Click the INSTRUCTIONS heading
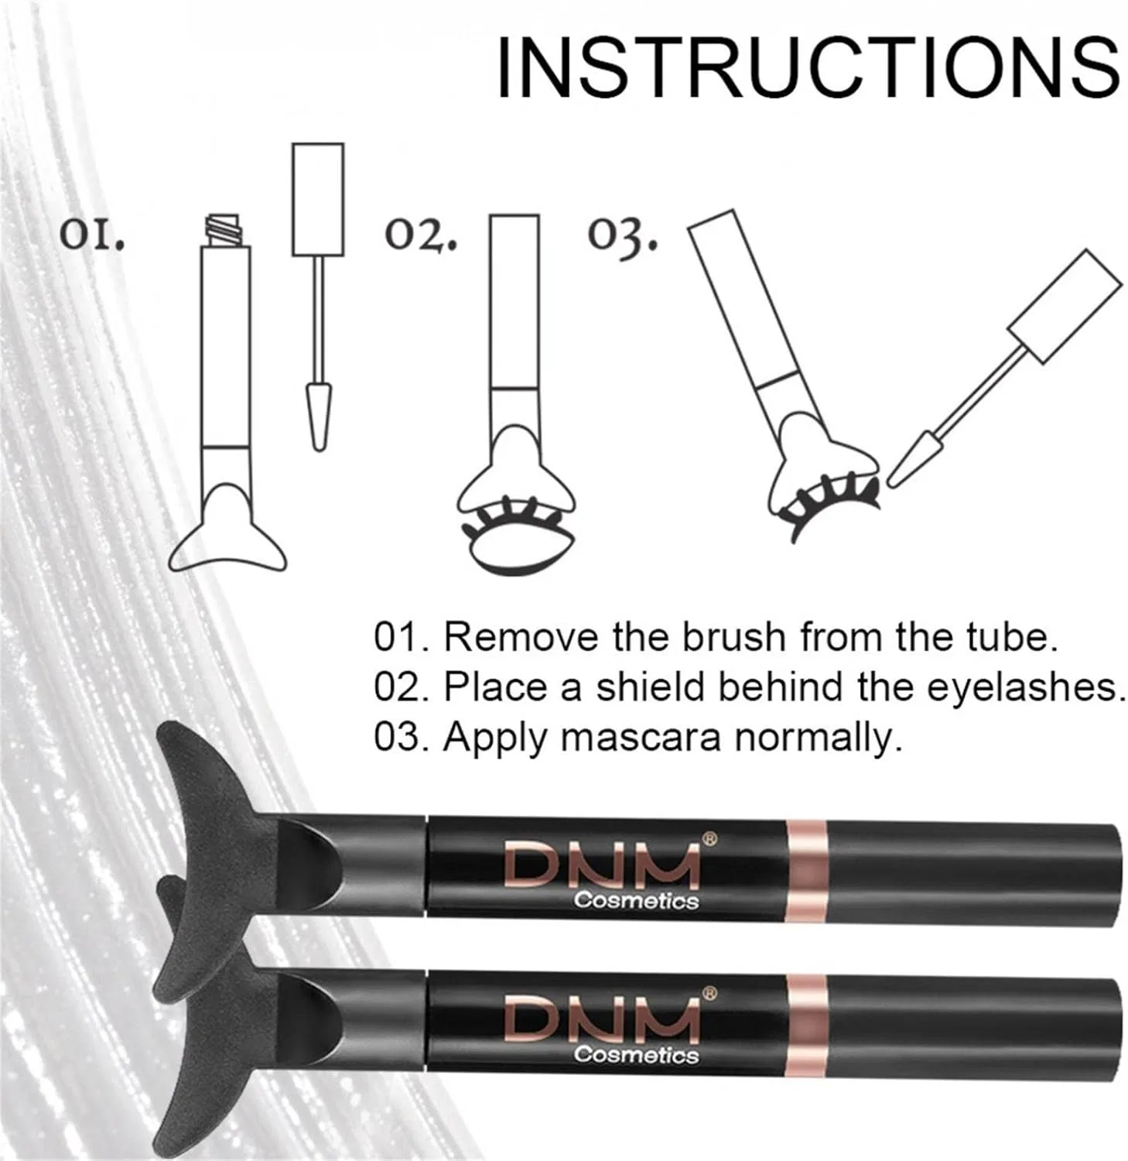coord(807,68)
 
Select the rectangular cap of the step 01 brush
coord(318,199)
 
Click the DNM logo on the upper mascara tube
coord(602,866)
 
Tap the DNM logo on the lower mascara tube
coord(602,1019)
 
